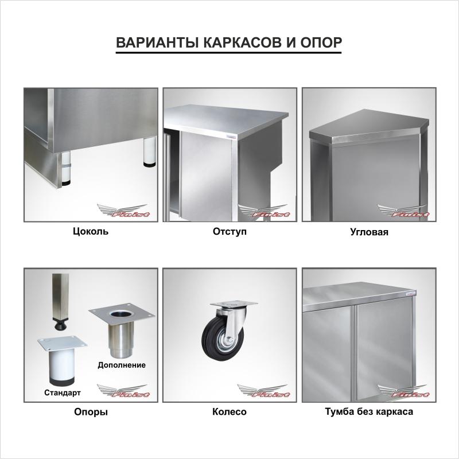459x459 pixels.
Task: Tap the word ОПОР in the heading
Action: pos(321,42)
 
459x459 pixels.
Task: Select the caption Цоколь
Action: pos(91,232)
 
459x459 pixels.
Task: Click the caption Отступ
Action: pos(229,232)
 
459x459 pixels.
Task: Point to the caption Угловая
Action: pos(369,232)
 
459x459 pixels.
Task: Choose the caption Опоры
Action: pos(91,412)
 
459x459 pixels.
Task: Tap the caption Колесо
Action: pos(229,411)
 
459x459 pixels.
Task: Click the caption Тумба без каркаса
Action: pos(369,411)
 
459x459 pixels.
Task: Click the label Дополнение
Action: pos(122,365)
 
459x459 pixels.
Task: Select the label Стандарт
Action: pos(63,392)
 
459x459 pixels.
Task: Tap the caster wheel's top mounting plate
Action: pos(233,305)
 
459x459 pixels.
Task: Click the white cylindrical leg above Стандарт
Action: pos(62,365)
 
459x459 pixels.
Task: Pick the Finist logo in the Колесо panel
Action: pos(263,391)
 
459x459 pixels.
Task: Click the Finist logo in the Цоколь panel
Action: pos(123,211)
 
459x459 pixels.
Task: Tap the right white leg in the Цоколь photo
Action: pos(150,152)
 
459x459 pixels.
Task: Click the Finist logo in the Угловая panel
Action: pos(403,211)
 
